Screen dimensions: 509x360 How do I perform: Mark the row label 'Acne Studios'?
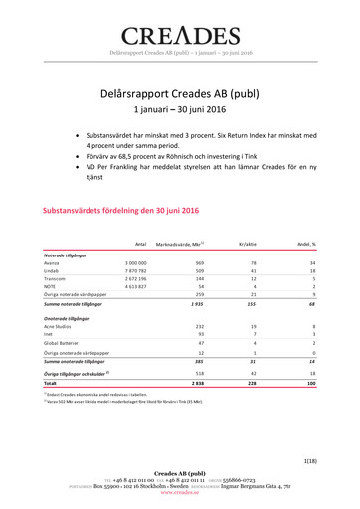click(x=61, y=326)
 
